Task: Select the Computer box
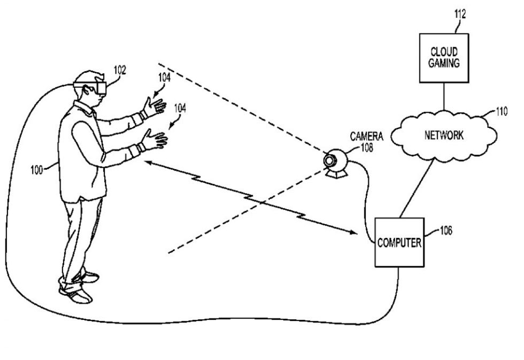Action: [x=399, y=242]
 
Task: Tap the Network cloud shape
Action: [x=443, y=135]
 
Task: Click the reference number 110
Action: [x=501, y=112]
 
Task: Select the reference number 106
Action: [x=445, y=231]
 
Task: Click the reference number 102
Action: [x=120, y=70]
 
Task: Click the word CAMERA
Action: [x=366, y=137]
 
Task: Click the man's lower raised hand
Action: [x=155, y=140]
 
